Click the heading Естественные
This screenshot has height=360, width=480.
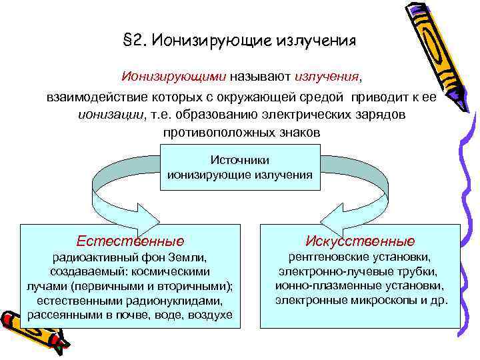coord(130,240)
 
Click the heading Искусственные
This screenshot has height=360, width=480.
coord(359,240)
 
